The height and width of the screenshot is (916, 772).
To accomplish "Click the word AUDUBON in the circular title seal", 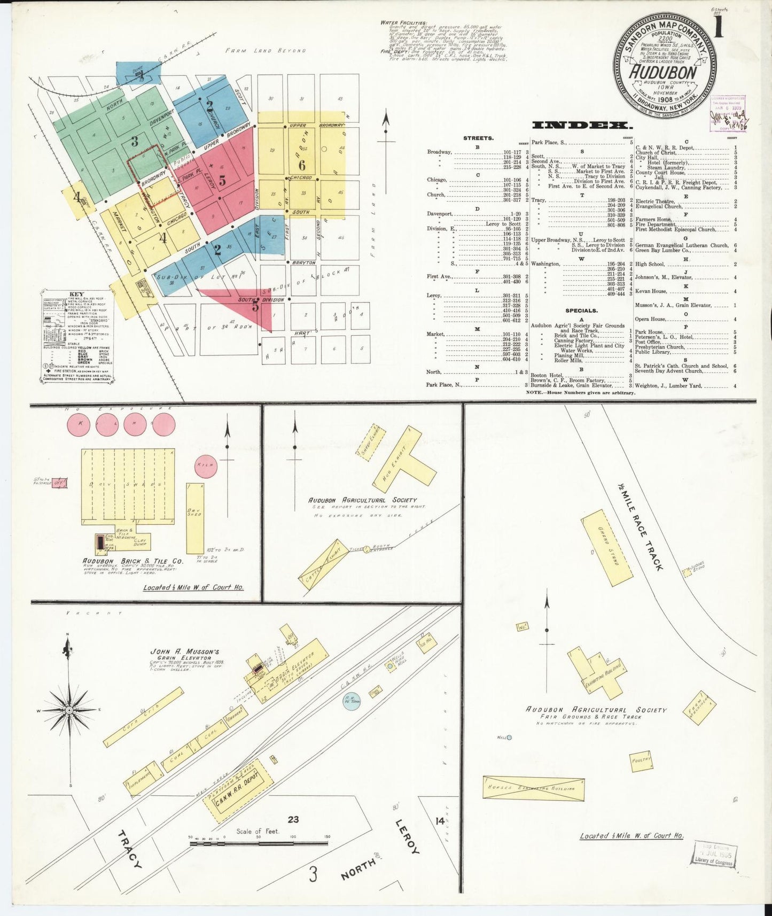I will coord(663,73).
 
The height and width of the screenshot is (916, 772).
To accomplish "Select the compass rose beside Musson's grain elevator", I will coord(69,709).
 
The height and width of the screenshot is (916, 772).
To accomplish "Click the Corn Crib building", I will coord(143,717).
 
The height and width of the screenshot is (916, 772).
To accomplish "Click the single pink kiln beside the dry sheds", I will coord(206,465).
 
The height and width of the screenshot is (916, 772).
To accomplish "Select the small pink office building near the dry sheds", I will coord(59,483).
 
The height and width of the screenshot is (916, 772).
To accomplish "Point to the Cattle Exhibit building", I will coord(320,564).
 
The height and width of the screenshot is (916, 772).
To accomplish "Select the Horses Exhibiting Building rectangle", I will coord(533,788).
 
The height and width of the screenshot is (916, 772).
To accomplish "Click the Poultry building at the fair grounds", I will coord(641,760).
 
